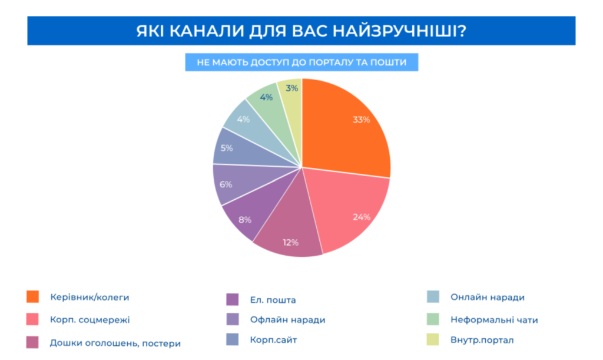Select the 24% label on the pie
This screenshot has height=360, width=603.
click(362, 217)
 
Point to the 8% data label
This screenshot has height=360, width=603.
click(245, 220)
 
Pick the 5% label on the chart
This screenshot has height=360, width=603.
click(227, 148)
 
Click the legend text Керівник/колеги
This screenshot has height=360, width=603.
click(90, 298)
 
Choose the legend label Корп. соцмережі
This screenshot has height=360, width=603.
click(90, 319)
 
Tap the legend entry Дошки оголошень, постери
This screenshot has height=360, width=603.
click(115, 343)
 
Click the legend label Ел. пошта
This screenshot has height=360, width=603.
click(273, 300)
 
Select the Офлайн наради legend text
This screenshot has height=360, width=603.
click(287, 319)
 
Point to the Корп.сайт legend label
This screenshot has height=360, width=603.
click(273, 340)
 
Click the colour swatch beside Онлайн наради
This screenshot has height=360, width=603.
click(433, 296)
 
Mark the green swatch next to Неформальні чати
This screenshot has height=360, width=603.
click(433, 319)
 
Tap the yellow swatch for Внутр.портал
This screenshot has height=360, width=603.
click(433, 339)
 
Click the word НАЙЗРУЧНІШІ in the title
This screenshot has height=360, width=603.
click(399, 31)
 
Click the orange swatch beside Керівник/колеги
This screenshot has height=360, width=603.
click(33, 296)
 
